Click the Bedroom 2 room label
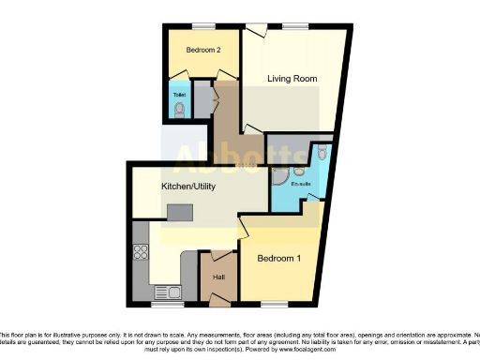click(202, 50)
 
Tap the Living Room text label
click(291, 79)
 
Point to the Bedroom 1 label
click(279, 259)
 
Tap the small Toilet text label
click(178, 95)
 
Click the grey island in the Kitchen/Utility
click(179, 212)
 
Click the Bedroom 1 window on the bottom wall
click(274, 305)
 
